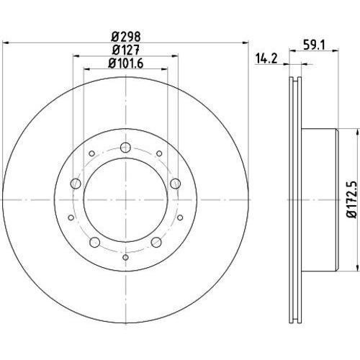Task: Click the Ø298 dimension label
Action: (x=126, y=37)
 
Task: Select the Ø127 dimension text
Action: (x=126, y=50)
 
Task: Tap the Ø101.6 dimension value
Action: (x=126, y=63)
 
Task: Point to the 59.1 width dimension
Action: (x=314, y=45)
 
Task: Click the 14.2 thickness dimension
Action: (x=266, y=58)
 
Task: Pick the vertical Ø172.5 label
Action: (x=352, y=199)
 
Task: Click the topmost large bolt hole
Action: (x=125, y=148)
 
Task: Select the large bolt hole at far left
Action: (x=76, y=184)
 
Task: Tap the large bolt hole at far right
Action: (x=176, y=184)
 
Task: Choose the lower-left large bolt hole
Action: (x=94, y=242)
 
